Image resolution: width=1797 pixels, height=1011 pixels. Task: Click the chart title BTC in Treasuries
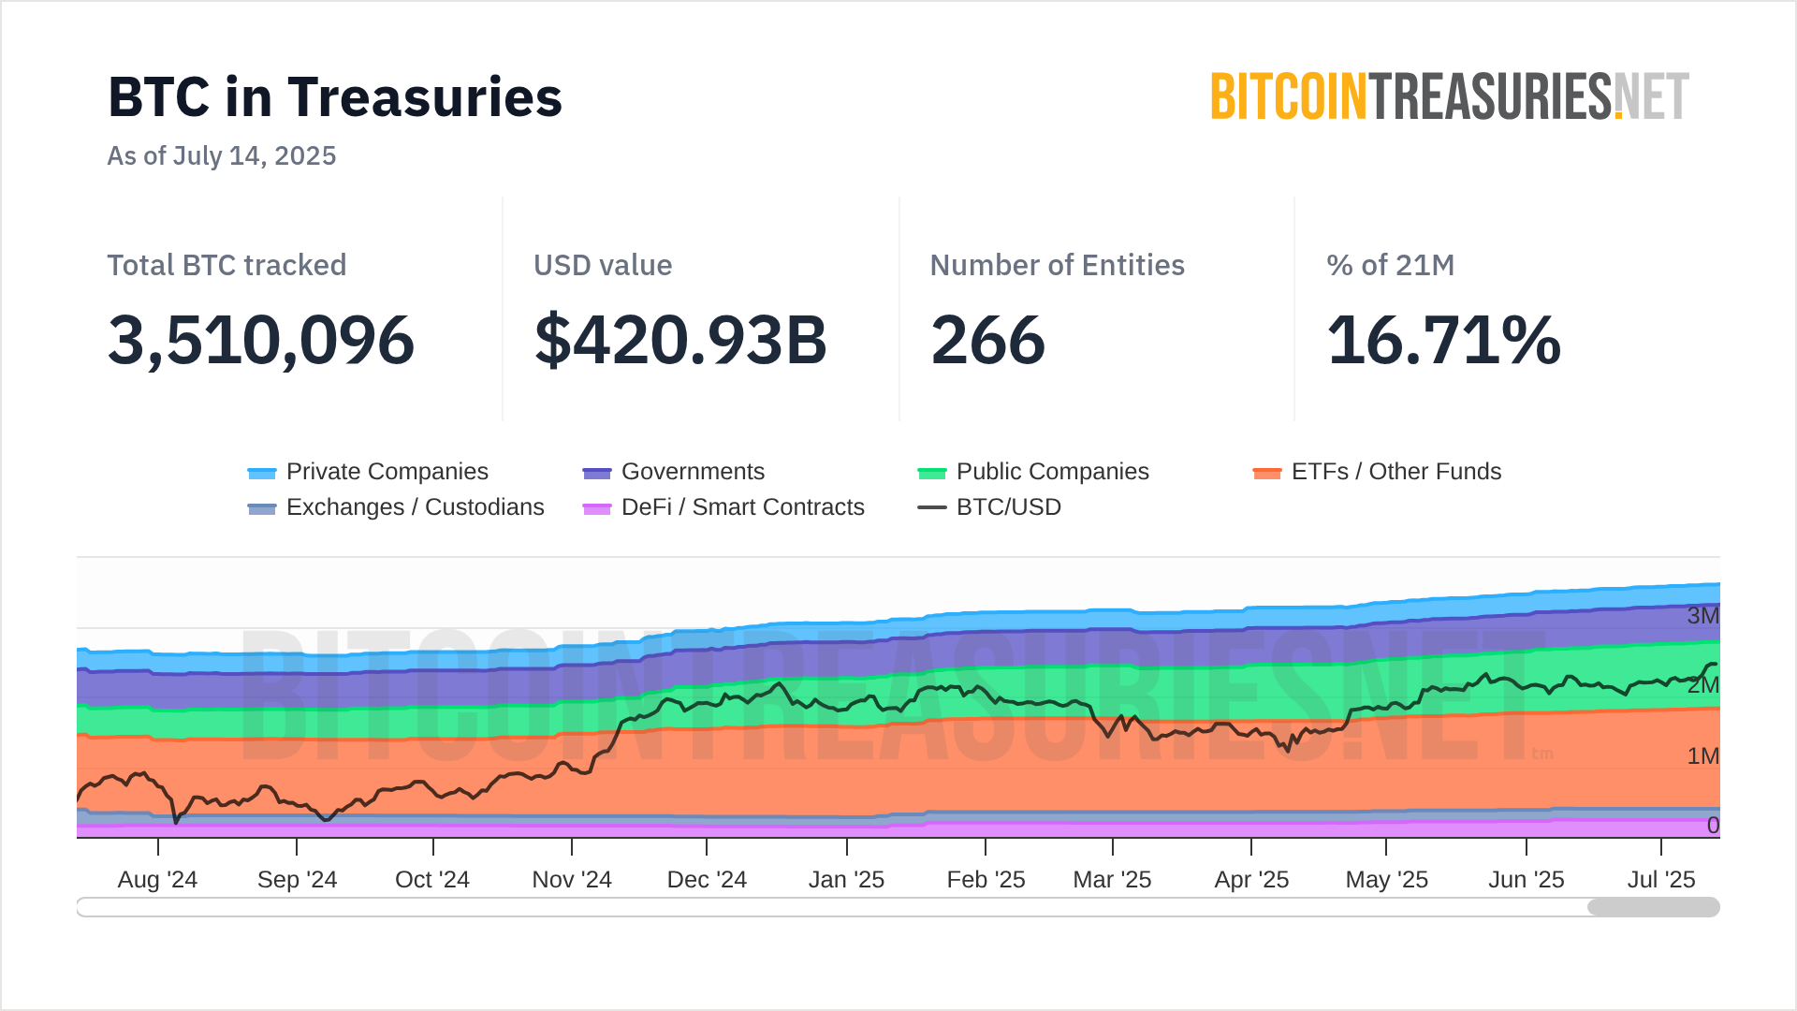[335, 97]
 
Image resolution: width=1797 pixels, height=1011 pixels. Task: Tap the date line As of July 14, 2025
[222, 155]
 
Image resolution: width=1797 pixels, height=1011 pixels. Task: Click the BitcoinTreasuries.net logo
[1449, 97]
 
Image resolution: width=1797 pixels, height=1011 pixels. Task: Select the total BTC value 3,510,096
[261, 340]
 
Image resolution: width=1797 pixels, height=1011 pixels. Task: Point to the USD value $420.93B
[680, 340]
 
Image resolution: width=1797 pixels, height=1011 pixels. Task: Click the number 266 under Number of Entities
[987, 340]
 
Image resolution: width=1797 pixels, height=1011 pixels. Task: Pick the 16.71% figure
[1443, 340]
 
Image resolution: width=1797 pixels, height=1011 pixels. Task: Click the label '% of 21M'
[1390, 265]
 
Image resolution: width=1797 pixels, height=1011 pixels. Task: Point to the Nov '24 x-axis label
[572, 880]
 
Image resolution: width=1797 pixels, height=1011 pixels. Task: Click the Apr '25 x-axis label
[1251, 880]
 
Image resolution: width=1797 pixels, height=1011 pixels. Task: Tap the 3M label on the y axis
[1702, 616]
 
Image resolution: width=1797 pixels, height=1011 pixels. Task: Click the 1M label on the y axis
[1702, 756]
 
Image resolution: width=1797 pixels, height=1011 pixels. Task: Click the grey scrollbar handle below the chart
[1653, 907]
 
